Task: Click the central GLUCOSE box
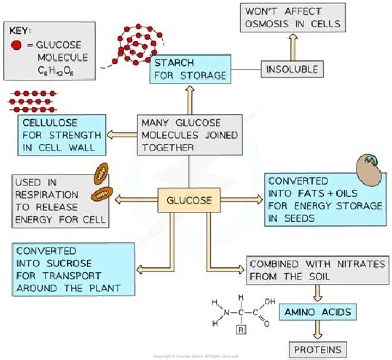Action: point(188,200)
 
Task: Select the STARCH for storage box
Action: point(188,69)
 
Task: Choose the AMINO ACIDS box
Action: point(317,313)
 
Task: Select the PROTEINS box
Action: point(318,349)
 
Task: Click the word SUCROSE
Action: point(70,263)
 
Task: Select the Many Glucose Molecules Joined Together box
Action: point(188,135)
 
